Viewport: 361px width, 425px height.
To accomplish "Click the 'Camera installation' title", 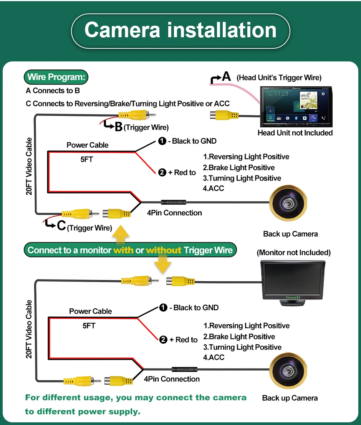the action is click(x=180, y=30).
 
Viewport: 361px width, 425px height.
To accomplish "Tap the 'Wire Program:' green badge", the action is click(x=56, y=77).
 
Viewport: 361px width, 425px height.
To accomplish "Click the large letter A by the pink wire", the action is click(x=226, y=76).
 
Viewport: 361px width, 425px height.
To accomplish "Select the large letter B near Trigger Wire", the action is click(x=119, y=127).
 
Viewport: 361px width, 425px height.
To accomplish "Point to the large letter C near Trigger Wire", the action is click(x=61, y=225).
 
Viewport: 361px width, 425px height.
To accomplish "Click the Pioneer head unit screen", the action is click(x=296, y=106).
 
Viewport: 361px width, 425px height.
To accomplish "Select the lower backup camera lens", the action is click(x=288, y=371).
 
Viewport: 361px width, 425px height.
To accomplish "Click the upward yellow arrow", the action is click(x=121, y=235).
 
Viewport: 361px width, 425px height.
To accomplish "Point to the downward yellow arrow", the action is click(x=162, y=264).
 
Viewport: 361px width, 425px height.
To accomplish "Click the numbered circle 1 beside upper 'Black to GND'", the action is click(x=162, y=141).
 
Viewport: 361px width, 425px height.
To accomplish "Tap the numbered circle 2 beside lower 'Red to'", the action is click(x=163, y=340).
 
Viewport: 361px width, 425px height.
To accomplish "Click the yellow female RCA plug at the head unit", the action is click(x=224, y=116).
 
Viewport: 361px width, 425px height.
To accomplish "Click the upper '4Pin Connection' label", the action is click(x=174, y=213).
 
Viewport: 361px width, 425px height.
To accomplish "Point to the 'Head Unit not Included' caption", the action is click(x=295, y=133).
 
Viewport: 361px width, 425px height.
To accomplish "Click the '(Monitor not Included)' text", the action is click(x=294, y=253).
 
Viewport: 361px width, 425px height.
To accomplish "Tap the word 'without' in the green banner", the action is click(x=164, y=250).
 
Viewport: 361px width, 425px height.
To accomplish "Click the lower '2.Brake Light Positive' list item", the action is click(x=239, y=336).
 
